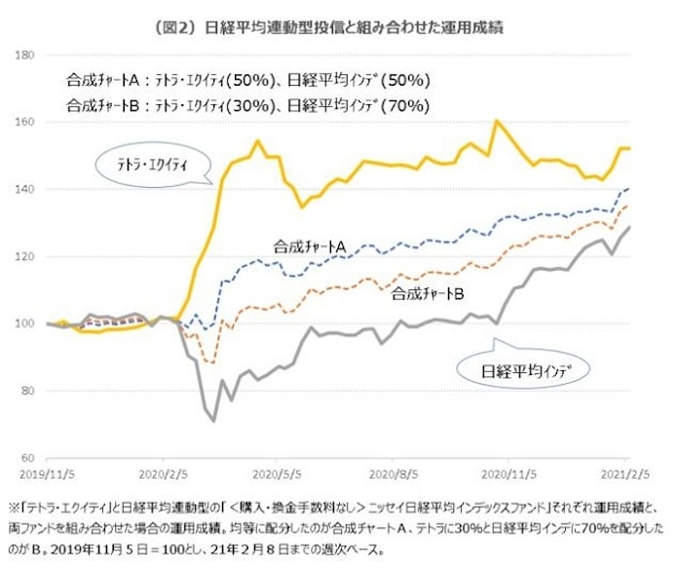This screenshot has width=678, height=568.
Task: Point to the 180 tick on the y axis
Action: coord(26,56)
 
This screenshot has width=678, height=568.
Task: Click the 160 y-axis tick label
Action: coord(26,123)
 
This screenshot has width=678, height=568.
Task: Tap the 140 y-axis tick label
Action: coord(26,190)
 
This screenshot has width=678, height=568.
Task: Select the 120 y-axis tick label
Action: coord(26,257)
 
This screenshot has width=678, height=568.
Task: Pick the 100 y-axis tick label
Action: coord(26,324)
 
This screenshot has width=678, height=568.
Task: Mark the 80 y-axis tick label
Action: coord(28,391)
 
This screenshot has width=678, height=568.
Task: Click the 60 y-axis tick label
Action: coord(28,458)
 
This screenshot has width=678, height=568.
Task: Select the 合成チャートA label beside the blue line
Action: coord(311,249)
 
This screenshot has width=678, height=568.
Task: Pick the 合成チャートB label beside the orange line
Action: coord(426,292)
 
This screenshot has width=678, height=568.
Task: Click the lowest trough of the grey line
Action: coord(212,421)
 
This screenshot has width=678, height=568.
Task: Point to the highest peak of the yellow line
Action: coord(497,121)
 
